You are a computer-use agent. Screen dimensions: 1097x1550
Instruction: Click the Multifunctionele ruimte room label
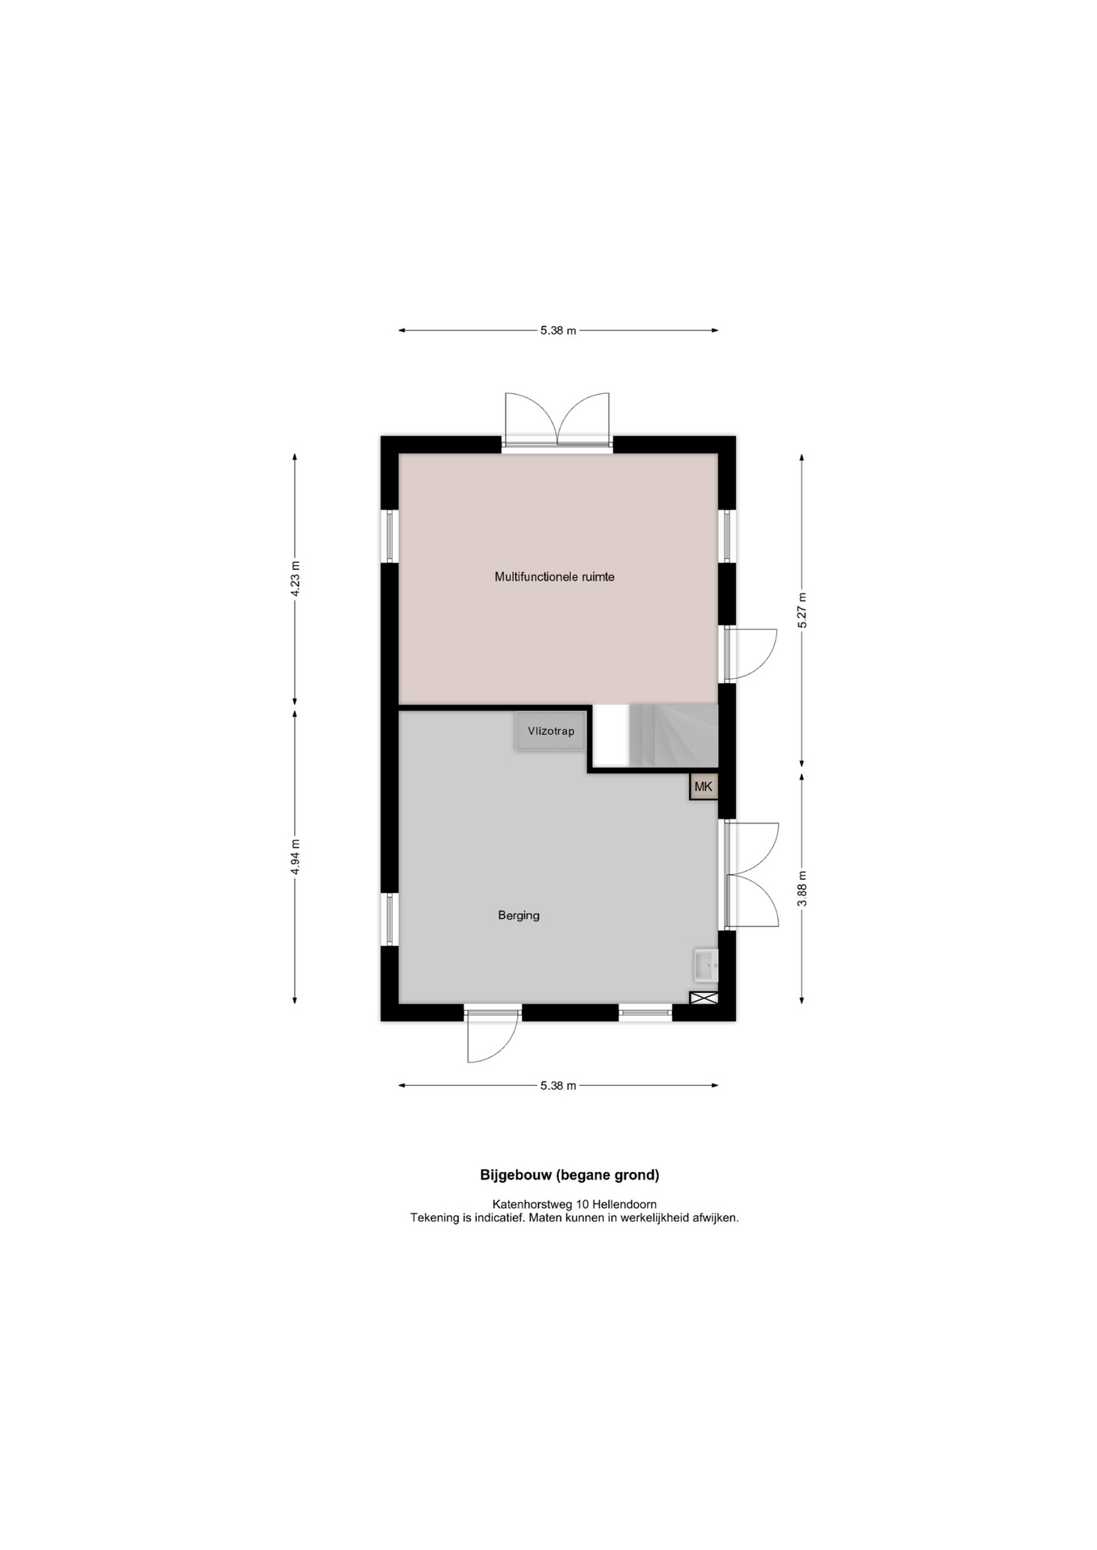pos(554,577)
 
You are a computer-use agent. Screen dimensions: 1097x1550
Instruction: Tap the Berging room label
pos(519,915)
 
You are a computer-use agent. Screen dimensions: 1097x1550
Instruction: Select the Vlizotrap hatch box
pos(551,731)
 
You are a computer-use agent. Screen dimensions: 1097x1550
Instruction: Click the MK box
pos(704,786)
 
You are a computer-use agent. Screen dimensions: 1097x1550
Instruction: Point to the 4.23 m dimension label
pos(295,578)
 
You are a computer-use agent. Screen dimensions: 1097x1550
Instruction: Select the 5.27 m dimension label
pos(802,610)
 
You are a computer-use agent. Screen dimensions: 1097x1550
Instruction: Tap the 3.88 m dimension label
pos(802,888)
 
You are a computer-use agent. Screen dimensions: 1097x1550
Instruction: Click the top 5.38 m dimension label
pos(558,330)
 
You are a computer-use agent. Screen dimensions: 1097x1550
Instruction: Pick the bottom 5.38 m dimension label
pos(558,1086)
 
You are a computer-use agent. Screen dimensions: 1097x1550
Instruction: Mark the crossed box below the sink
pos(704,998)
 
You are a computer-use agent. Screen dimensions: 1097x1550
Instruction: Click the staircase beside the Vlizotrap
pos(673,735)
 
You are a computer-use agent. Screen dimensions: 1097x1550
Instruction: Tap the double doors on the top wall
pos(557,419)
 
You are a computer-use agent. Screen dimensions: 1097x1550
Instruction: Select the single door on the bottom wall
pos(492,1033)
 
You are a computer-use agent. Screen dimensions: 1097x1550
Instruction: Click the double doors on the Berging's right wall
pos(751,874)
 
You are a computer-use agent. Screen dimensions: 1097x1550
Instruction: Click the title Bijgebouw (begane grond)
pos(570,1175)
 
